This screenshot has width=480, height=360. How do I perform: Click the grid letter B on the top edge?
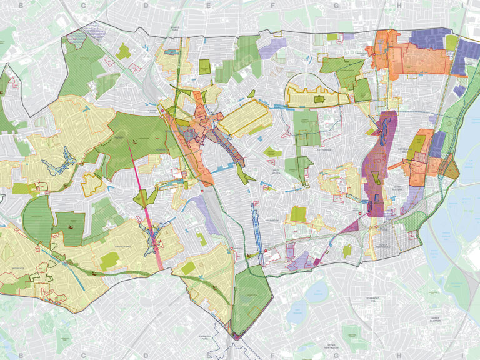[x=21, y=5]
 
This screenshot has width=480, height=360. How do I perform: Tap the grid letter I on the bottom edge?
[x=461, y=355]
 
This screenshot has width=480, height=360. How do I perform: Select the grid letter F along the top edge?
[x=272, y=5]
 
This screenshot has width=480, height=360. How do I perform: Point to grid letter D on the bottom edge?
[x=146, y=355]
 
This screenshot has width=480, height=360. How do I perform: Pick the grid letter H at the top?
[x=398, y=5]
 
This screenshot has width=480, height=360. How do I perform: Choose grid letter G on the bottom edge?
[x=336, y=355]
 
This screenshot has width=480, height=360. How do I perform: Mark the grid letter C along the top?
[x=83, y=5]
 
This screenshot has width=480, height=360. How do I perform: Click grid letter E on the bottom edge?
[x=209, y=355]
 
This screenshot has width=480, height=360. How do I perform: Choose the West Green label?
[x=271, y=171]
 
